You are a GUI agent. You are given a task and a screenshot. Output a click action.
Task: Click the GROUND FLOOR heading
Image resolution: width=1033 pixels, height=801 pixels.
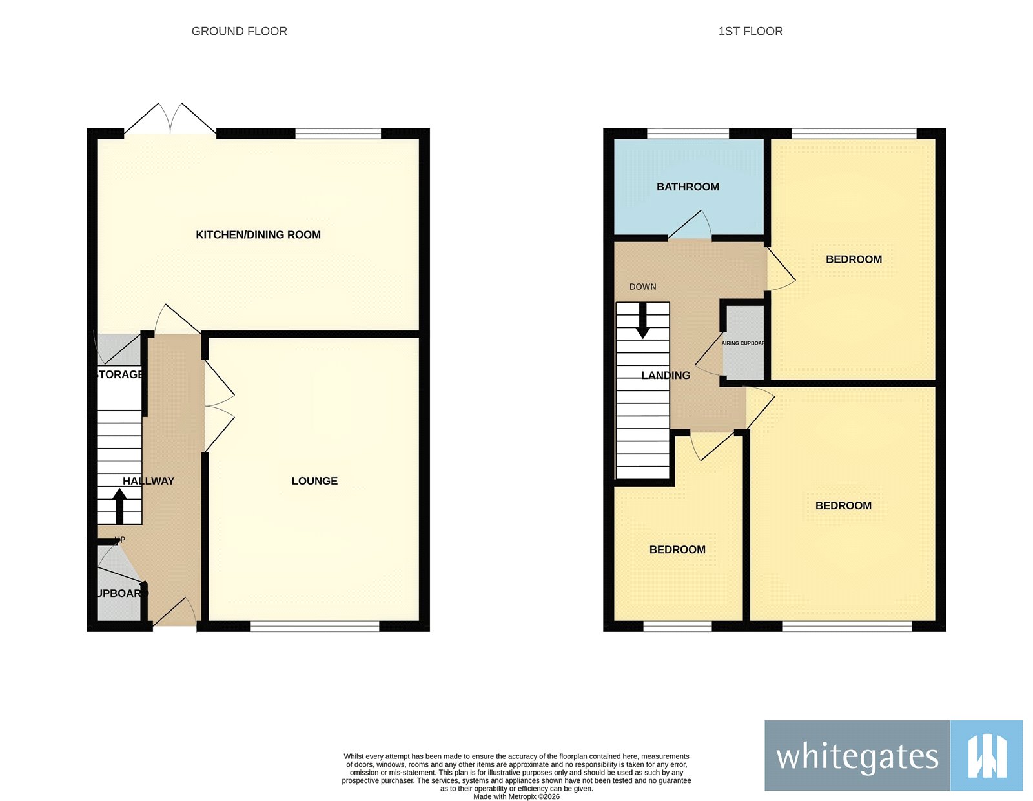(239, 31)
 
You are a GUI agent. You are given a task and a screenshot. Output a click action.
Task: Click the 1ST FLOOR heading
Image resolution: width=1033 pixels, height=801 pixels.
(750, 31)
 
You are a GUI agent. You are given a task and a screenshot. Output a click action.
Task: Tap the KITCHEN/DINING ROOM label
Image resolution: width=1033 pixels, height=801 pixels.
(258, 234)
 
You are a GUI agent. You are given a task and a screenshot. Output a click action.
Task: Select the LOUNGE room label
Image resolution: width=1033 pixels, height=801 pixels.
(314, 481)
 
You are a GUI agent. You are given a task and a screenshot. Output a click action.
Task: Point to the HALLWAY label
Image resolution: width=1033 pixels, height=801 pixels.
(148, 481)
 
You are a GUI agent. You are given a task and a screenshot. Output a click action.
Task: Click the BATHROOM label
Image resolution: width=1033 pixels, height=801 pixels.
(688, 187)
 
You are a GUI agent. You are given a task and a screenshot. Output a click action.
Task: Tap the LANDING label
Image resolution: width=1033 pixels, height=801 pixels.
(666, 375)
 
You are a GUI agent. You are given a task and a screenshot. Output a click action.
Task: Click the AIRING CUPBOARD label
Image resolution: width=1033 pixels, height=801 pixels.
(742, 343)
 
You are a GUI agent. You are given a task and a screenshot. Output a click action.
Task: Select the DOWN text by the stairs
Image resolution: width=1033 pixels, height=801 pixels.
(642, 287)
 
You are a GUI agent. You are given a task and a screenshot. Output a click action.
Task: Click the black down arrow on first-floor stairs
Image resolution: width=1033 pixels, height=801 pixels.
(643, 321)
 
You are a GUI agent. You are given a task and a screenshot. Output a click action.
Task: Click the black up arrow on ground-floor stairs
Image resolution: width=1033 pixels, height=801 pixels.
(119, 505)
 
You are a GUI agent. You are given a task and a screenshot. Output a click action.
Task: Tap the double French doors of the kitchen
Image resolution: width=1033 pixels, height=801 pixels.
(170, 120)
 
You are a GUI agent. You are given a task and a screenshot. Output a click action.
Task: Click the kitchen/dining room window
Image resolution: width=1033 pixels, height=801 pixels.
(338, 134)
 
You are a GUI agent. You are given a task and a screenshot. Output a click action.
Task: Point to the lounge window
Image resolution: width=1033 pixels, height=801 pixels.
(314, 625)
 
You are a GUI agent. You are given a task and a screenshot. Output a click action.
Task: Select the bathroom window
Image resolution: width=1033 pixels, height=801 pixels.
(688, 134)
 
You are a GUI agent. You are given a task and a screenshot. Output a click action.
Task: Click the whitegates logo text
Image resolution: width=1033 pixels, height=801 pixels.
(857, 756)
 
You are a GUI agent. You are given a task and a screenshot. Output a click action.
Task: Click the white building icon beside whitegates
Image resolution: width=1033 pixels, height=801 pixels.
(987, 755)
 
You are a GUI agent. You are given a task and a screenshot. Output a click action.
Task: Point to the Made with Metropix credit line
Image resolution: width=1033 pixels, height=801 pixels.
(516, 796)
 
